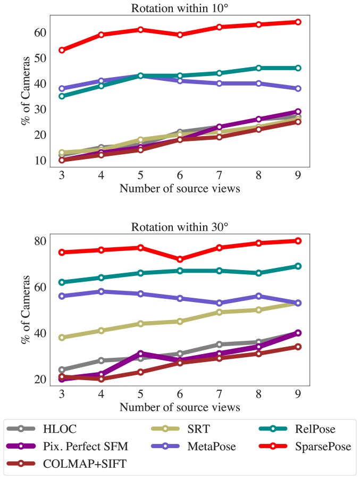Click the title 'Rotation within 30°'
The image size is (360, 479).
click(x=179, y=226)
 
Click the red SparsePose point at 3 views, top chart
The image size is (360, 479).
click(x=62, y=50)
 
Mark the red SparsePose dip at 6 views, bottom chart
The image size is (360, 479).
click(x=180, y=259)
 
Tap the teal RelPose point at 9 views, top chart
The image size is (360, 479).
click(x=298, y=68)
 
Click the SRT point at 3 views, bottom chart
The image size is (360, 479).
click(x=62, y=338)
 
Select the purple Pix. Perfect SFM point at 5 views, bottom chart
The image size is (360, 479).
click(x=140, y=354)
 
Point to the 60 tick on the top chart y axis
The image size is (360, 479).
click(x=40, y=32)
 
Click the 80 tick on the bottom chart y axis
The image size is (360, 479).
click(x=40, y=241)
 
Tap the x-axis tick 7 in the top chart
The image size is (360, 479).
click(x=219, y=176)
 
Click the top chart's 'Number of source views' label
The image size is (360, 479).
click(x=179, y=189)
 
